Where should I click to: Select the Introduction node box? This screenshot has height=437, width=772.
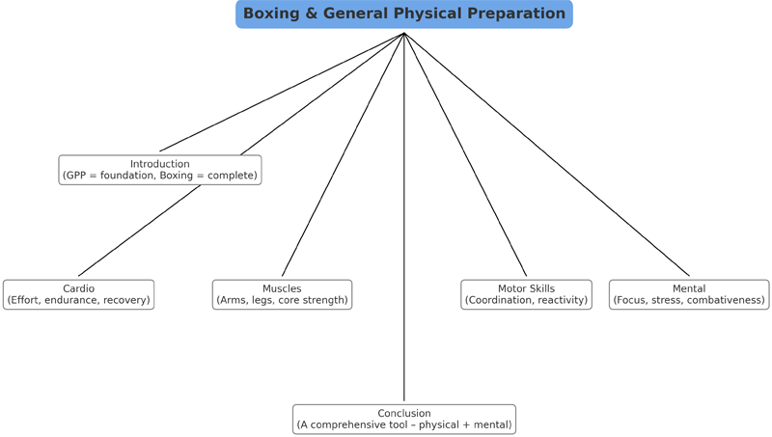(160, 170)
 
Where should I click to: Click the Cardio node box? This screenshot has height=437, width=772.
(78, 294)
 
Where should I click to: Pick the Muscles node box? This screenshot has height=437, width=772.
(282, 294)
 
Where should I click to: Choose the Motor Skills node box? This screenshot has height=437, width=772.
(526, 294)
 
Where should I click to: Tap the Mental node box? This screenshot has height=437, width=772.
(689, 294)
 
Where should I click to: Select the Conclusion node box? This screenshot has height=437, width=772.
(404, 419)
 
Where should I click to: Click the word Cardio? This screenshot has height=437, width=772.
(78, 288)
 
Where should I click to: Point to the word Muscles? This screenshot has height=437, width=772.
(282, 288)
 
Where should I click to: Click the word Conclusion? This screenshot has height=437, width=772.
(404, 413)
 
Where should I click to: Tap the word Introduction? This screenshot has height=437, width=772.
(160, 164)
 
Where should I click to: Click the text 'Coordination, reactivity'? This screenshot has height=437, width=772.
(526, 301)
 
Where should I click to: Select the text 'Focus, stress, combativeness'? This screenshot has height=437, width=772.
(689, 301)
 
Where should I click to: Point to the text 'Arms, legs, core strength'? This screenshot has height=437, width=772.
(282, 301)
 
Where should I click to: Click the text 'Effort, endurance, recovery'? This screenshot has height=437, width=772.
(78, 301)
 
